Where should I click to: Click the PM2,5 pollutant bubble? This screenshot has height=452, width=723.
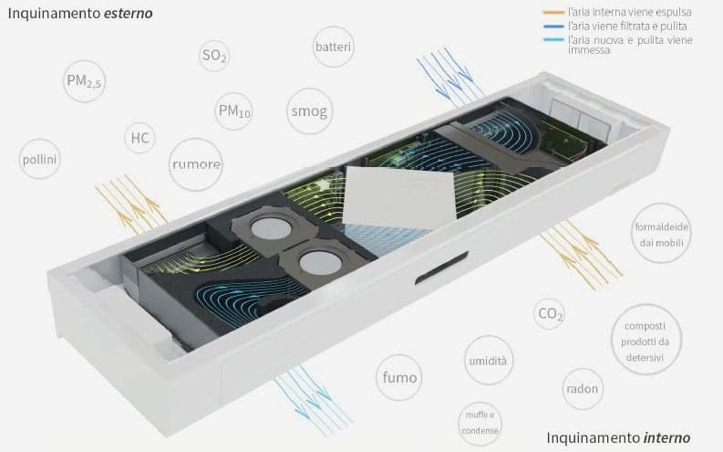coord(84,81)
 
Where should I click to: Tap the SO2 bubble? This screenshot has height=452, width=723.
coord(214,56)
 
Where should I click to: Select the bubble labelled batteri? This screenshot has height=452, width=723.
coord(334,47)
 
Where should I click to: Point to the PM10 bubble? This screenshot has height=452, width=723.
coord(233,111)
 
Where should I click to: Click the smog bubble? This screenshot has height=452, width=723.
coord(309,111)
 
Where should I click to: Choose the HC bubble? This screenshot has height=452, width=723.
coord(139,138)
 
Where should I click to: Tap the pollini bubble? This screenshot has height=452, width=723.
coord(39,159)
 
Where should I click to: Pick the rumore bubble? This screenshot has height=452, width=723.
coord(196,164)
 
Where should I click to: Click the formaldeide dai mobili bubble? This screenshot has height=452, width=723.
coord(661,233)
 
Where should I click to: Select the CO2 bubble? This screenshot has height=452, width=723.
coord(549,314)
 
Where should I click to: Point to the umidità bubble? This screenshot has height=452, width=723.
coord(489,360)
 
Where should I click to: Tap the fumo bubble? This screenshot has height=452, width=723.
coord(399,377)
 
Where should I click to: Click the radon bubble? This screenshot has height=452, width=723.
coord(583,389)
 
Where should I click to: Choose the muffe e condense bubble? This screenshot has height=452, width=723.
coord(480,424)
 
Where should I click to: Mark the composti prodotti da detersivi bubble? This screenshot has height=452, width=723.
coord(646,340)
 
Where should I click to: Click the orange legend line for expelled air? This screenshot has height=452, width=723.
coord(553,12)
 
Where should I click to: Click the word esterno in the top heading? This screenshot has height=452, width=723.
coord(129,14)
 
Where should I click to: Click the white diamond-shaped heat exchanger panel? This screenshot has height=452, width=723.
coord(398,197)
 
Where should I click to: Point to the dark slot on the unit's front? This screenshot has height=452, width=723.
coord(441,268)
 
